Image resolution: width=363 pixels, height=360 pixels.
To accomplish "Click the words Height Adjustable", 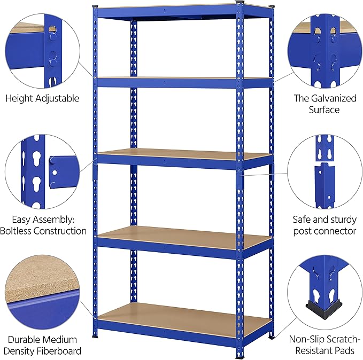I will (x=42, y=98).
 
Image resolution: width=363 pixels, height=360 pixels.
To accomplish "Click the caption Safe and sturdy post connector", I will (x=324, y=225).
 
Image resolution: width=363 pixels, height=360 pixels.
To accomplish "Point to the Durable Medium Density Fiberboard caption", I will (x=42, y=345).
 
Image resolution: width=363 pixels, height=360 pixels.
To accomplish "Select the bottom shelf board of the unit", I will (x=184, y=319).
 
